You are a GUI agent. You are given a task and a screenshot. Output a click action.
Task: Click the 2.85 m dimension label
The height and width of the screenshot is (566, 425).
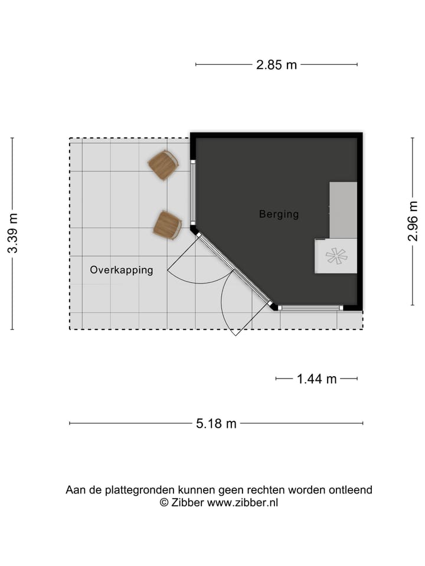[276, 65]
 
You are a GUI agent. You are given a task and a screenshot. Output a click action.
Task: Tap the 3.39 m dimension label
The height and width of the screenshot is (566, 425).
[12, 233]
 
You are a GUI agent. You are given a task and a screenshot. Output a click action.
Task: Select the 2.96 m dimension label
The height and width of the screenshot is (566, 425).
[413, 221]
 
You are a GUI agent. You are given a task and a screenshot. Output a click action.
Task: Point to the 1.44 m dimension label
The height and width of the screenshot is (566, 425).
[316, 379]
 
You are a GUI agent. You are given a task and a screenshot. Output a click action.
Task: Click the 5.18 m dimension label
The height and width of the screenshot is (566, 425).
[216, 423]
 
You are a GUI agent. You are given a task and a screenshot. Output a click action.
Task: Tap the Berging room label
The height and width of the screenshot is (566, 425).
[279, 214]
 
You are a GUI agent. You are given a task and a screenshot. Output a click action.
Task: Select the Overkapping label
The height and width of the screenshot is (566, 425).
[121, 270]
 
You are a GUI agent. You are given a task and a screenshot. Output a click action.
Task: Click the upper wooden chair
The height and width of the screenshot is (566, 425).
[163, 165]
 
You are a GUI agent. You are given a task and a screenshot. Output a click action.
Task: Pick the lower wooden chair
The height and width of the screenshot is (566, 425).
[167, 225]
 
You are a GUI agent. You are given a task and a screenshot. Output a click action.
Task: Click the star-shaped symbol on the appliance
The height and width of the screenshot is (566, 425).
[336, 256]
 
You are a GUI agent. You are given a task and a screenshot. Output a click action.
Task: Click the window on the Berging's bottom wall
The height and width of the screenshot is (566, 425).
[310, 307]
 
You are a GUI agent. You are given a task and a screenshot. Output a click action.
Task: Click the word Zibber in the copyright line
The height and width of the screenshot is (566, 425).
[187, 503]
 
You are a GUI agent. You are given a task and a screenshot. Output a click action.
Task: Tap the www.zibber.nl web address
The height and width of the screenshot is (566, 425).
[242, 503]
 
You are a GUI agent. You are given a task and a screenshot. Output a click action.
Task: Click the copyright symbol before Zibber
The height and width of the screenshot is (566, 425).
[164, 503]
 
